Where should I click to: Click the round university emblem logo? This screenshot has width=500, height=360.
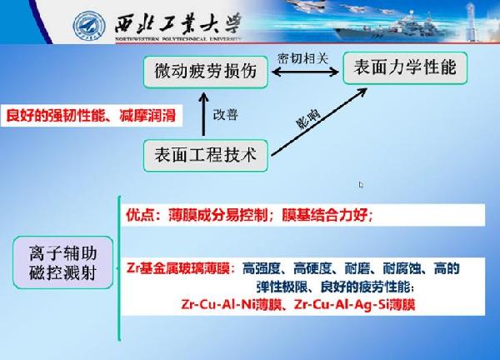pyautogui.click(x=89, y=26)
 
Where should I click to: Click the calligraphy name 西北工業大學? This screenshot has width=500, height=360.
pyautogui.click(x=177, y=23)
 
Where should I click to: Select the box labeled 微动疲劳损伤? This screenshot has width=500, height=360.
pyautogui.click(x=206, y=72)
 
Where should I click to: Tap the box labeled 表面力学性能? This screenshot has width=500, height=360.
pyautogui.click(x=405, y=68)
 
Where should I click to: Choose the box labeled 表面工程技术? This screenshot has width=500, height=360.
pyautogui.click(x=206, y=155)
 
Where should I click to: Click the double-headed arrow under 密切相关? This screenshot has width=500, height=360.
pyautogui.click(x=305, y=72)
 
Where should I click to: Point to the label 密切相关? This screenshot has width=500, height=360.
pyautogui.click(x=303, y=58)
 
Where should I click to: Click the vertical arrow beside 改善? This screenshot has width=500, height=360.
pyautogui.click(x=203, y=114)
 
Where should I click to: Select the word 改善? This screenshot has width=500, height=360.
pyautogui.click(x=226, y=115)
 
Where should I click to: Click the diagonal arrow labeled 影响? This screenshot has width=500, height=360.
pyautogui.click(x=319, y=122)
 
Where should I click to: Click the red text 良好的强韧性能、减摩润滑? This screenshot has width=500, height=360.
pyautogui.click(x=91, y=116)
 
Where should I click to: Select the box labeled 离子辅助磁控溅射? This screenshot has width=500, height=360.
pyautogui.click(x=63, y=262)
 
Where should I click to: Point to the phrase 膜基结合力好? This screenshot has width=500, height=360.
pyautogui.click(x=325, y=216)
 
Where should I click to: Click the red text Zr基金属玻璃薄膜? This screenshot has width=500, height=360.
pyautogui.click(x=178, y=268)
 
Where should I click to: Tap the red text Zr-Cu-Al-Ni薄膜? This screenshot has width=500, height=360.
pyautogui.click(x=232, y=304)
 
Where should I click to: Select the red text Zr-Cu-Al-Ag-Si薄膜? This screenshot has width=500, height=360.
pyautogui.click(x=355, y=304)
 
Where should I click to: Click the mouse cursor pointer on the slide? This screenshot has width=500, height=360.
pyautogui.click(x=361, y=185)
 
